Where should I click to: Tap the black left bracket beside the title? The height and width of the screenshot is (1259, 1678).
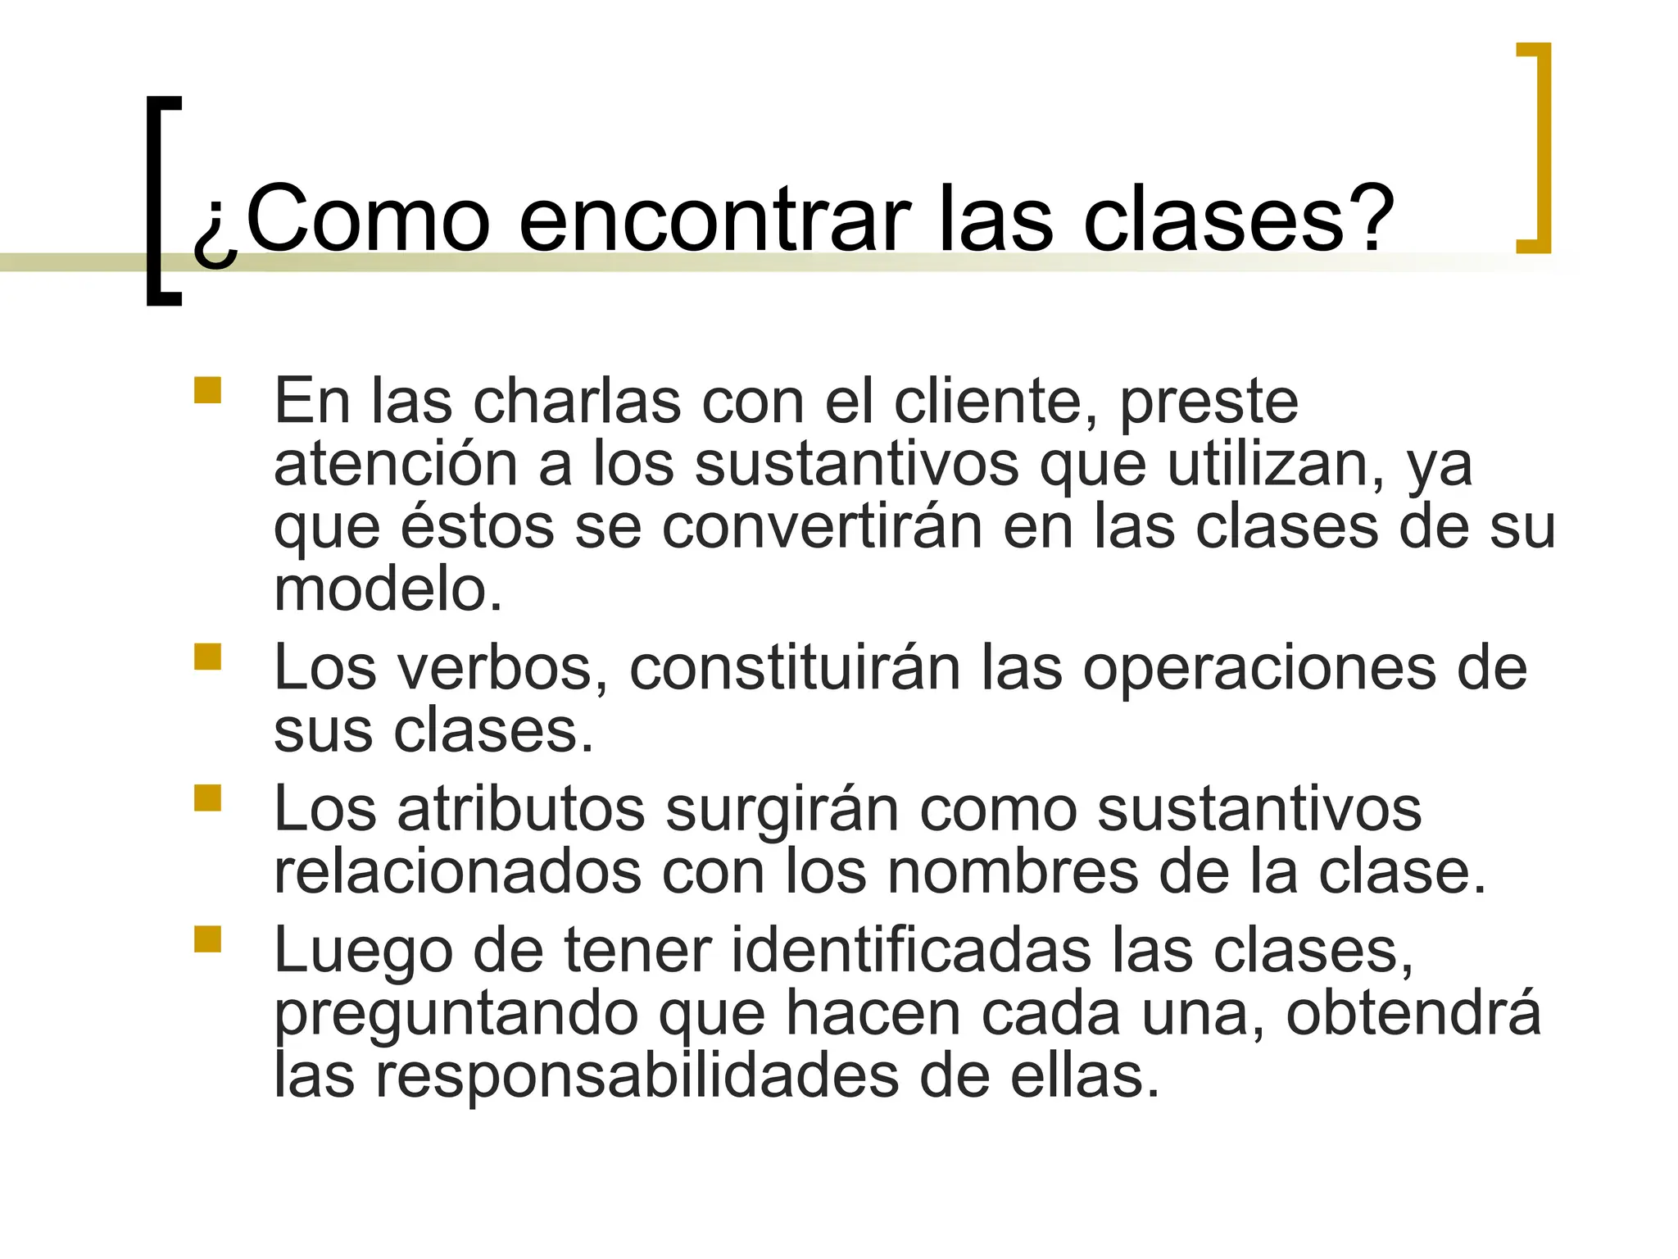coord(156,201)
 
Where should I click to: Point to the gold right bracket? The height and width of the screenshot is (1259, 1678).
coord(1540,148)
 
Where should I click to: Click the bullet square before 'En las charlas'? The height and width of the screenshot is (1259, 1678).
coord(208,390)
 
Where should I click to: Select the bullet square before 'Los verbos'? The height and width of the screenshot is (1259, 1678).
coord(208,657)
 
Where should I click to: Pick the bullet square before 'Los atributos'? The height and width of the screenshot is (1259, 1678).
coord(208,798)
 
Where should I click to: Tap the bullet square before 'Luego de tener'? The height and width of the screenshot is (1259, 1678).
coord(208,939)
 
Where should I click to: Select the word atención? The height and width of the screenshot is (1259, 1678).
coord(396,464)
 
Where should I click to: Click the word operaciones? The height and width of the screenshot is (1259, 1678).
coord(1258,669)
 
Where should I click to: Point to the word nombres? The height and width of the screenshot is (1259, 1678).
coord(1013,872)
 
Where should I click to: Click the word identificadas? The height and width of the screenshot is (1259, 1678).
coord(910,951)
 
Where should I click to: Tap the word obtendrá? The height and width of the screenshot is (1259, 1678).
coord(1413,1013)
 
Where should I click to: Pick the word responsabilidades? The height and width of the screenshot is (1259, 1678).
coord(637,1075)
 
